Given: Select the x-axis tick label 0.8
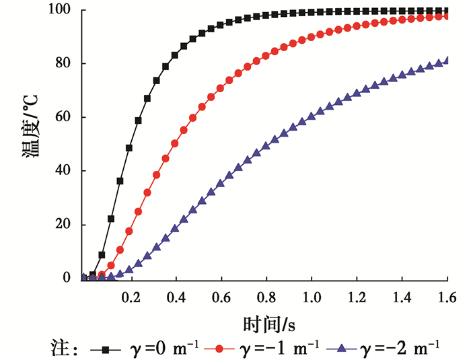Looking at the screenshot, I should click(x=266, y=297).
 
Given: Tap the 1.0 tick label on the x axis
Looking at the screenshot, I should click(x=312, y=297).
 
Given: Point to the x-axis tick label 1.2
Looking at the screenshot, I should click(x=357, y=297).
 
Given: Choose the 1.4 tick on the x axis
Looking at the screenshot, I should click(x=402, y=297).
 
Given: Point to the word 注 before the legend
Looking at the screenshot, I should click(x=60, y=349).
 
